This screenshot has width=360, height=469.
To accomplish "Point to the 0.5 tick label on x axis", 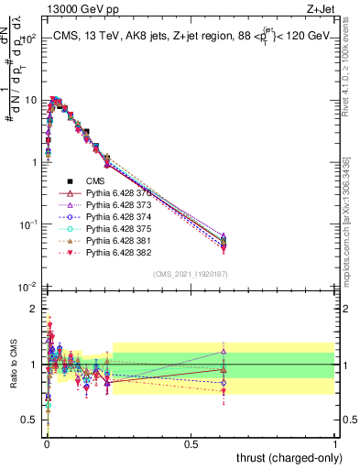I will coord(191,444).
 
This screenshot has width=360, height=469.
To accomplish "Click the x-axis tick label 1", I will coord(335,444).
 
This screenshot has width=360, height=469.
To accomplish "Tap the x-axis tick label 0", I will coord(47,444).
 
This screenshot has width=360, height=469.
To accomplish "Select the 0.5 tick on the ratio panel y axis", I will coord(30,420).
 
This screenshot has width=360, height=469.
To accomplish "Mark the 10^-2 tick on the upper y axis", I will coord(28,287).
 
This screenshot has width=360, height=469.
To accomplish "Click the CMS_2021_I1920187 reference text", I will coord(191,273).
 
